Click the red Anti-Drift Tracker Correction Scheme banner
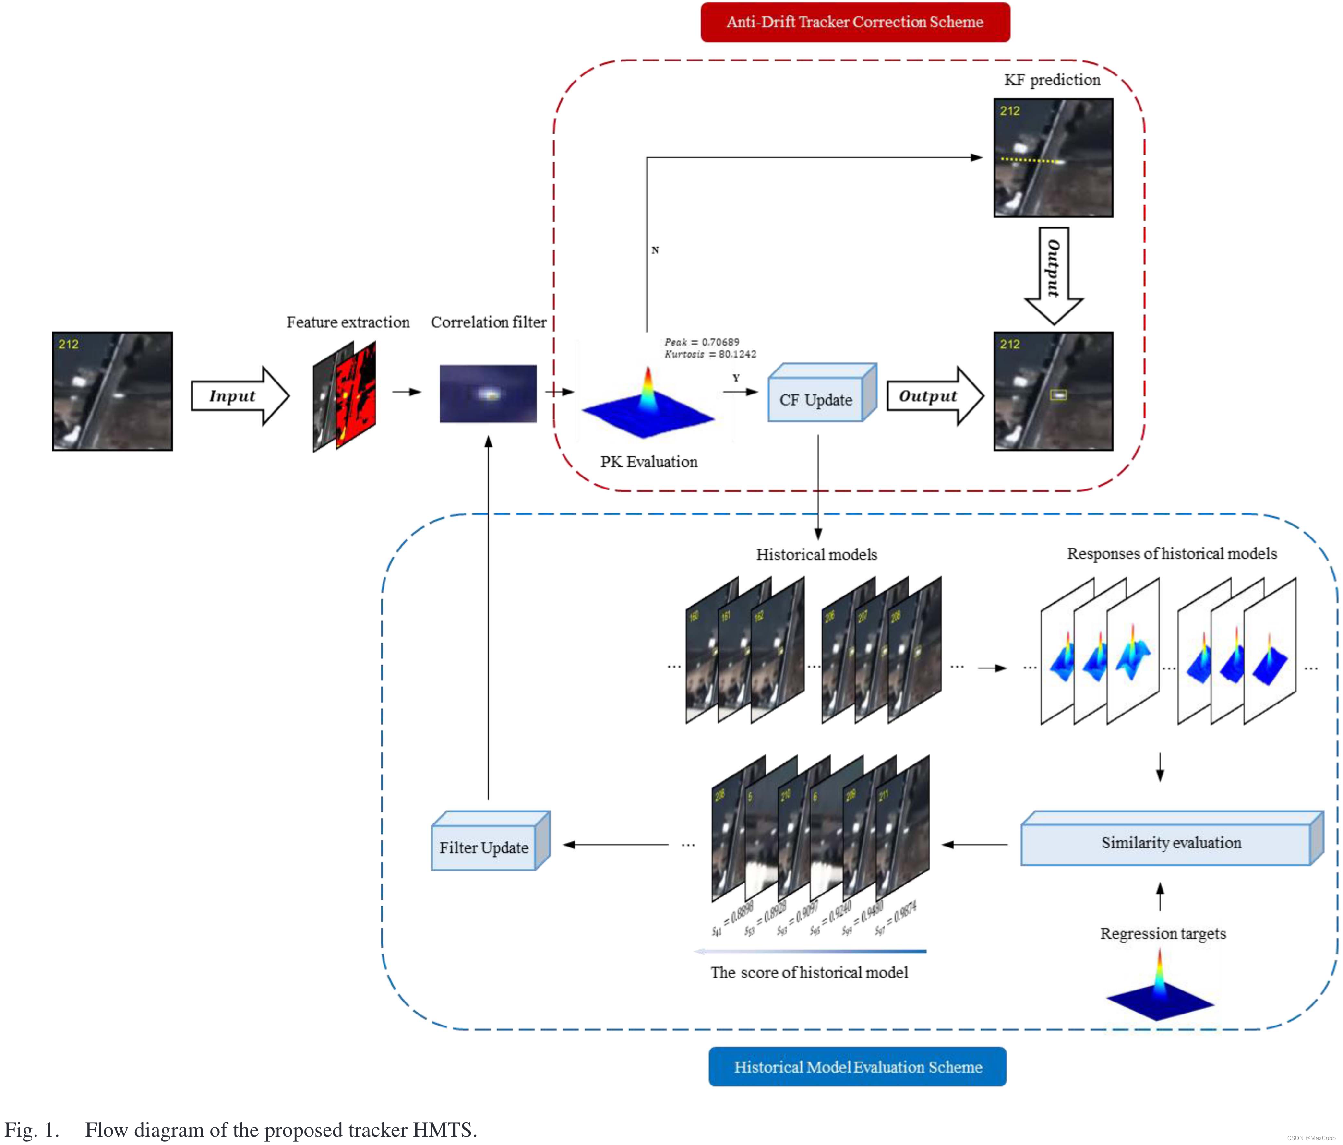tap(854, 22)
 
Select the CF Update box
tap(816, 399)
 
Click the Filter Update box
tap(483, 847)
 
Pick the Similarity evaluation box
tap(1171, 842)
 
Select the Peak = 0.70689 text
tap(701, 342)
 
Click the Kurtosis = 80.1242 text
tap(710, 354)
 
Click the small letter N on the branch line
tap(655, 250)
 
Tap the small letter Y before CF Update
tap(736, 378)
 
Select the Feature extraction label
tap(348, 322)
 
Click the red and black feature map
tap(356, 395)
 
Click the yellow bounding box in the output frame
tap(1058, 394)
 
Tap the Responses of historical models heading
tap(1171, 553)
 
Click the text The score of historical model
tap(808, 972)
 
